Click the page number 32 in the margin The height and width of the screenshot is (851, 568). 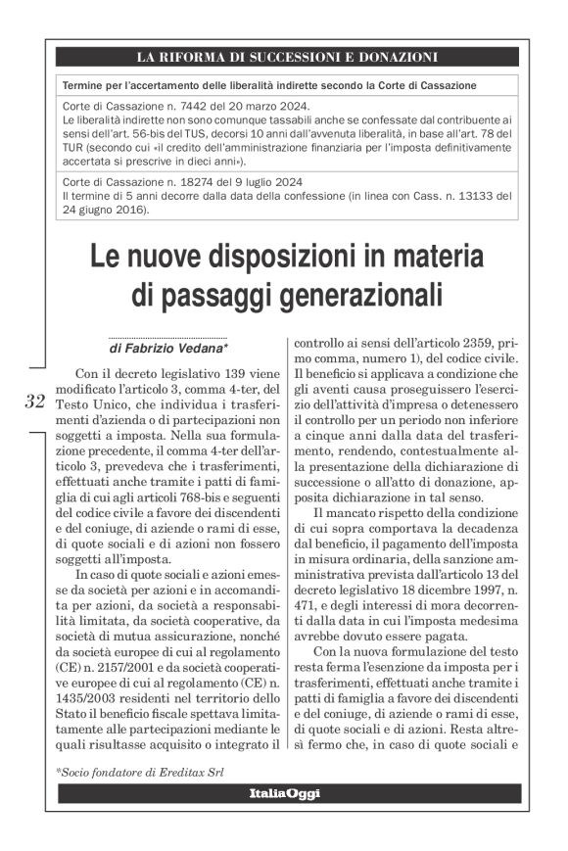point(35,401)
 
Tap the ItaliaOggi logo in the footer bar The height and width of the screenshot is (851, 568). point(284,793)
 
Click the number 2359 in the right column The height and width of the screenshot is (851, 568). point(455,344)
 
